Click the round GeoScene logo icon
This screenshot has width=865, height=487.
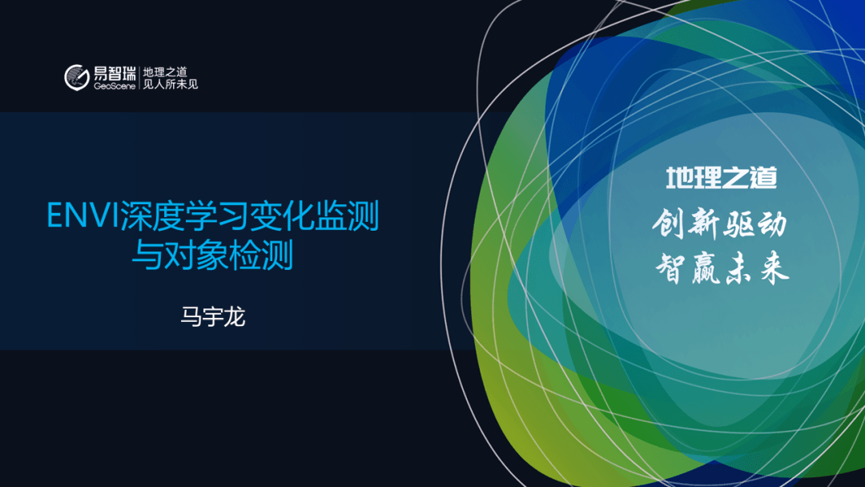(77, 77)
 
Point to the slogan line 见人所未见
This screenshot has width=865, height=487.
(171, 84)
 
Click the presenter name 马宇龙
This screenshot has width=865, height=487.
(213, 316)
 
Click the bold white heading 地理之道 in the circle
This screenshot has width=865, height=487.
(722, 178)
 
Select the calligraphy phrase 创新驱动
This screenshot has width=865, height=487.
(720, 224)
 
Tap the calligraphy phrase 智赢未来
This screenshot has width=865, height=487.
(722, 268)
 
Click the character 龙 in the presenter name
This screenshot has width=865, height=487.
(235, 316)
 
